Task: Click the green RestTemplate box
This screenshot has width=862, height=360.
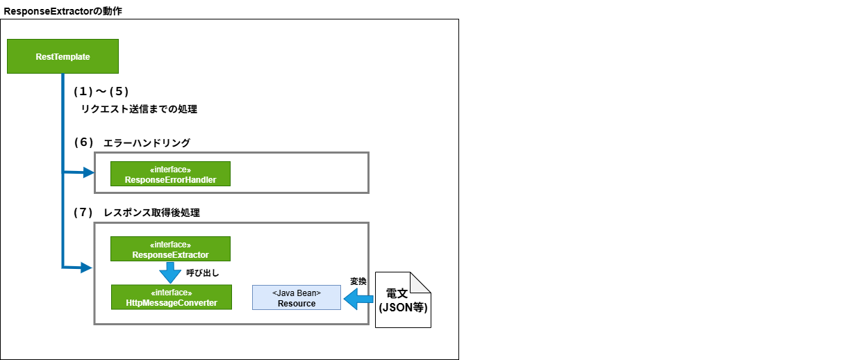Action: (x=63, y=56)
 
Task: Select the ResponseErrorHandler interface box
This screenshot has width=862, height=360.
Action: (x=170, y=174)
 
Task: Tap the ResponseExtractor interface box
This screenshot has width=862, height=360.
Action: (x=170, y=249)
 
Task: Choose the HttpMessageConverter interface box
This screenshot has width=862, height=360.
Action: (x=171, y=297)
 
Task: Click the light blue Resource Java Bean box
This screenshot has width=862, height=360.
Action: (x=297, y=297)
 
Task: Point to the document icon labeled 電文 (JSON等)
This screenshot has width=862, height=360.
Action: (x=404, y=300)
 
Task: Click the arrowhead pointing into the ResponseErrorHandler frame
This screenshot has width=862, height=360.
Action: (x=88, y=172)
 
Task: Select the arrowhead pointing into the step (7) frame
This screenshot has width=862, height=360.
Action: (x=88, y=267)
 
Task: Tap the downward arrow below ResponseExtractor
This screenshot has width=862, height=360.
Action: (x=170, y=272)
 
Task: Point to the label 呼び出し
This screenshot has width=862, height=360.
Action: (x=204, y=273)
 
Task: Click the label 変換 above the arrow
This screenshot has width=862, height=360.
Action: (x=358, y=281)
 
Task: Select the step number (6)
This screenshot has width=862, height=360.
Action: (x=83, y=142)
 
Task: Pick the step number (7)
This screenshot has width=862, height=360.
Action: (x=83, y=212)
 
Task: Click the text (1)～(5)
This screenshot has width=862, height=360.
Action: (x=102, y=91)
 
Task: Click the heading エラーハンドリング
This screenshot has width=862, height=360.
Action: (x=147, y=142)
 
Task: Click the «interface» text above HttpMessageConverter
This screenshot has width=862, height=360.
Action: (x=171, y=293)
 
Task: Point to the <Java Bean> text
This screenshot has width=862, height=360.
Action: (x=297, y=293)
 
